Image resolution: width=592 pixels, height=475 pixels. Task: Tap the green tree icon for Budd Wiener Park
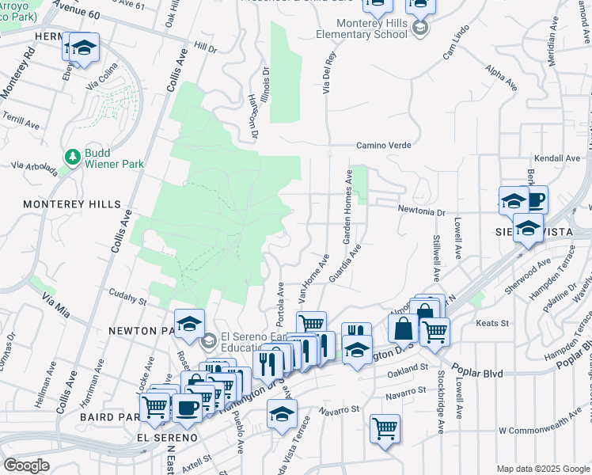[73, 157]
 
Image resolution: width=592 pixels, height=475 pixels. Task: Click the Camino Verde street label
[385, 146]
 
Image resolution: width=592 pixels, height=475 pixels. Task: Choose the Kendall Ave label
[557, 158]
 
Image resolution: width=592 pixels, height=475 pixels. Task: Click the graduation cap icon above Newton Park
[190, 322]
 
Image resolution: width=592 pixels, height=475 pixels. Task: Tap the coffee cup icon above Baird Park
[187, 407]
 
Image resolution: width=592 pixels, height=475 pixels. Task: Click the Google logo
[27, 465]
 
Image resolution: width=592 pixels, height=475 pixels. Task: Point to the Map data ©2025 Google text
[542, 469]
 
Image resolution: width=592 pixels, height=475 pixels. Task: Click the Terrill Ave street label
[21, 124]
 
